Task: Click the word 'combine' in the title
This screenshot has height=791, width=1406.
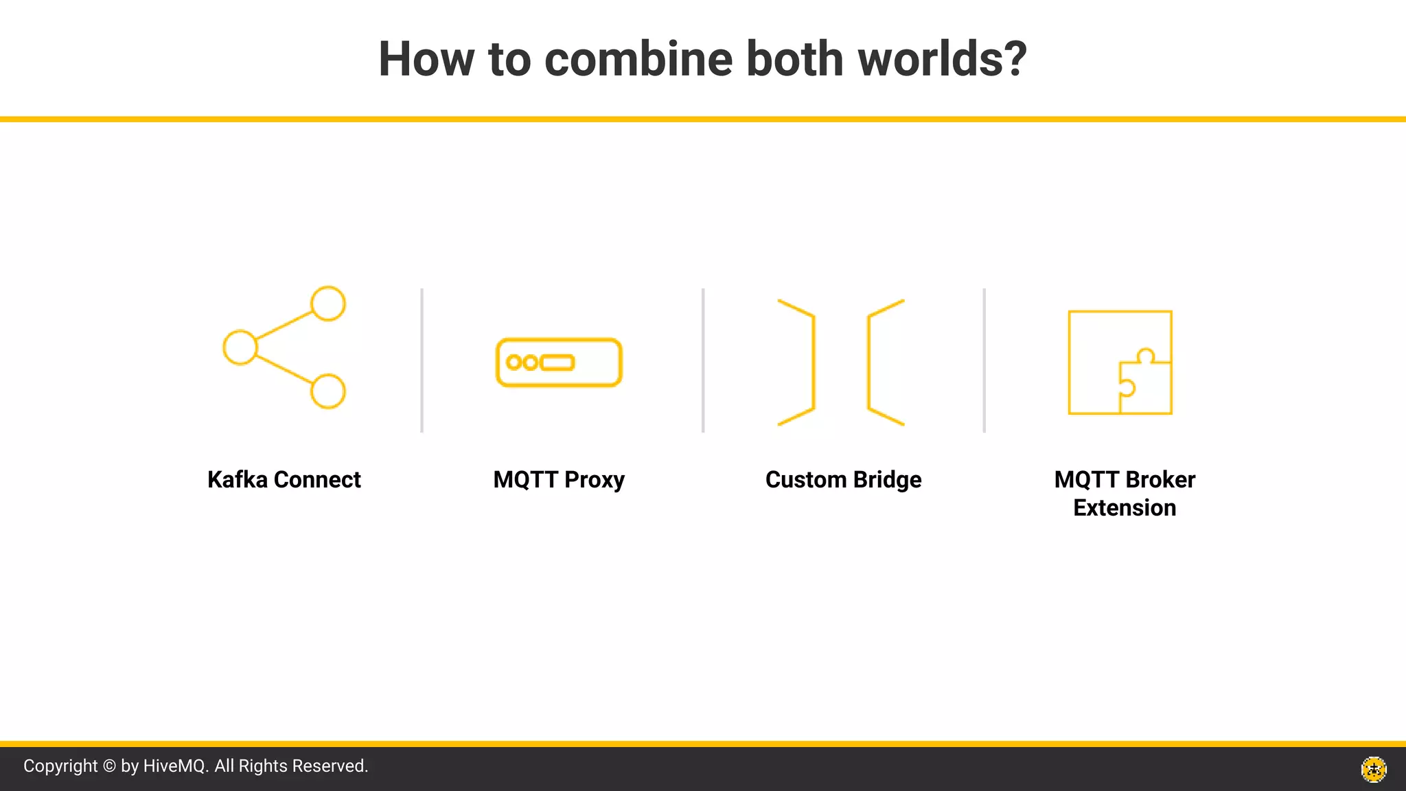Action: (x=638, y=59)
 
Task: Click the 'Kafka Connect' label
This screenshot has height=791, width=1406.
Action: (x=284, y=479)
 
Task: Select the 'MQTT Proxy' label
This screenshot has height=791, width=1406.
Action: (x=559, y=479)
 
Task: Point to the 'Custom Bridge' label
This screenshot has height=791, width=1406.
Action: (x=843, y=479)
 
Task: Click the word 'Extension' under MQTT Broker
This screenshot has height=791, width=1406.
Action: (x=1125, y=508)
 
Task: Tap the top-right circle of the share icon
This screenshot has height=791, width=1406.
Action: (x=328, y=303)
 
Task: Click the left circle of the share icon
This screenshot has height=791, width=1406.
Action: (x=240, y=347)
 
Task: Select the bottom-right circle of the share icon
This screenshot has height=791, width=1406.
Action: (x=328, y=391)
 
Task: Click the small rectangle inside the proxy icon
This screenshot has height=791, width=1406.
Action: (x=557, y=363)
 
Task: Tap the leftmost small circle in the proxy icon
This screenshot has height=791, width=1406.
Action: (x=514, y=363)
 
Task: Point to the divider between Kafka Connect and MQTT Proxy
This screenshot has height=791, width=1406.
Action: (x=422, y=360)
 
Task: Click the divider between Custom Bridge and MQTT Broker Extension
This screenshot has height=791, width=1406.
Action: (x=984, y=360)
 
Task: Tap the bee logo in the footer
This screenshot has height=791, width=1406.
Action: (x=1374, y=769)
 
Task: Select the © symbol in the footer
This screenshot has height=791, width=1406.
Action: (x=109, y=766)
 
